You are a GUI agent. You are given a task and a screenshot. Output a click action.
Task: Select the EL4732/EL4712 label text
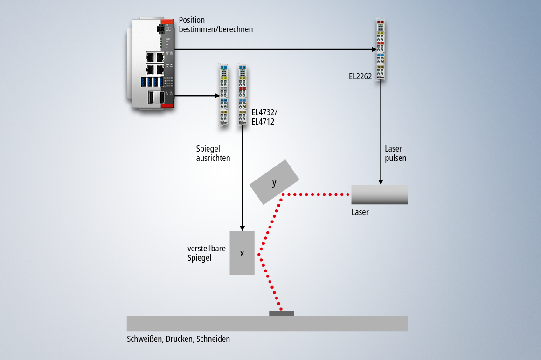pos(263,117)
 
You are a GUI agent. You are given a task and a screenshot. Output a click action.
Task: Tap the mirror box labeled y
pos(274,182)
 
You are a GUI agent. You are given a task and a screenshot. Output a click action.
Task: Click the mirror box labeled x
pos(242,253)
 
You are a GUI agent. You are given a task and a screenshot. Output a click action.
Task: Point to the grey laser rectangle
pos(379,194)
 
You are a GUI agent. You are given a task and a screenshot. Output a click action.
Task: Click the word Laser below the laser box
pos(360,212)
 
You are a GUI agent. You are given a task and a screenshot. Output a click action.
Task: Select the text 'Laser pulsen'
pos(395,153)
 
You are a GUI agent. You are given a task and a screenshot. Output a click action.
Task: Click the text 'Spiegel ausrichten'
pos(213,153)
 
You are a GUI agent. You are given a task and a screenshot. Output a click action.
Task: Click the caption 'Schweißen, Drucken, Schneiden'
pos(178,339)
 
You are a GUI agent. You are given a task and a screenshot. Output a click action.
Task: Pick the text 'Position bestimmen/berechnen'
pos(216,25)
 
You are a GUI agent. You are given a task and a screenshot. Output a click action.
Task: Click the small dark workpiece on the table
pos(282,313)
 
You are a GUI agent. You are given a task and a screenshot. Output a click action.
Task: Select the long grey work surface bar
pos(267,324)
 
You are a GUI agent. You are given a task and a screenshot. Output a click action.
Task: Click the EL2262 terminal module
pos(381,49)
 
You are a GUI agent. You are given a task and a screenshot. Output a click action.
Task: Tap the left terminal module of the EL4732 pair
pos(223,95)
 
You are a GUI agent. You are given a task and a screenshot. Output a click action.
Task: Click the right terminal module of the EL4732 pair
pos(242,95)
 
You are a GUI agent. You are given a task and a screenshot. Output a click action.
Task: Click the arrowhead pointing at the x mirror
pos(242,228)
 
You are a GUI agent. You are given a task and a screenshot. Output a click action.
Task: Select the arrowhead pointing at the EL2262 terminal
pos(373,49)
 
